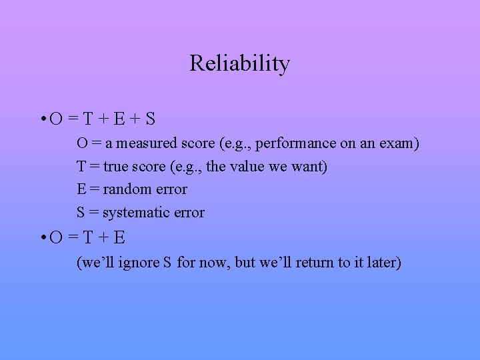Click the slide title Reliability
coord(239,64)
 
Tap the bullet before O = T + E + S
coord(42,120)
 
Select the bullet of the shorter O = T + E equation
coord(42,238)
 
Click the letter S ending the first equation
coord(150,119)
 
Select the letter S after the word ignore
coord(167,263)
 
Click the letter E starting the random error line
coord(81,189)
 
